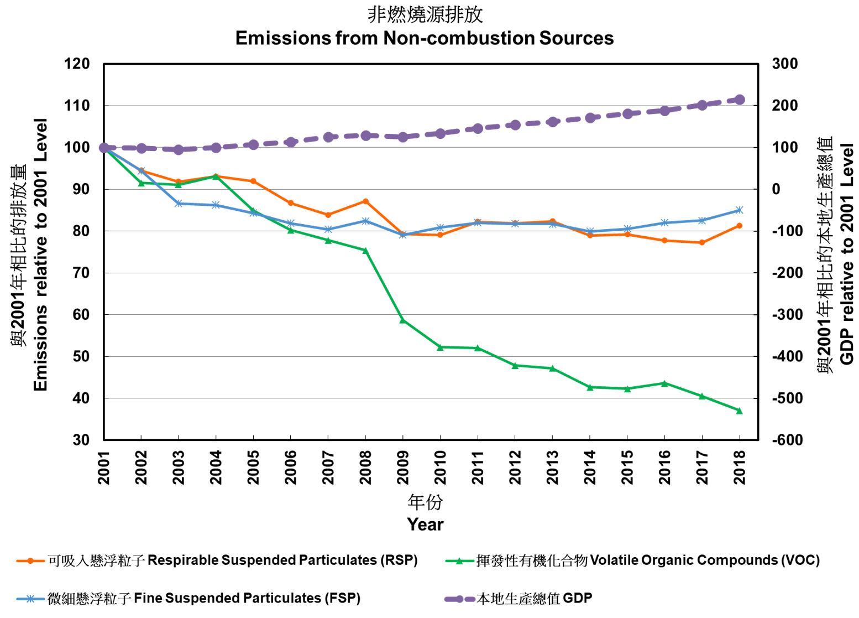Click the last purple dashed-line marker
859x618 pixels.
pyautogui.click(x=739, y=100)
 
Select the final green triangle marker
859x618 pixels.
pyautogui.click(x=739, y=411)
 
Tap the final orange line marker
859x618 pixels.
pyautogui.click(x=739, y=226)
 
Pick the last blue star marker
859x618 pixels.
pyautogui.click(x=739, y=210)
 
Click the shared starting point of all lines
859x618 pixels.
pyautogui.click(x=104, y=148)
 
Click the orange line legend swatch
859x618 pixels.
pyautogui.click(x=30, y=561)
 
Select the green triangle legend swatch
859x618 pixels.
pyautogui.click(x=459, y=561)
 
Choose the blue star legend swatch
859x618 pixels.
pyautogui.click(x=30, y=599)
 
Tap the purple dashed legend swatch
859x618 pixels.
pyautogui.click(x=459, y=599)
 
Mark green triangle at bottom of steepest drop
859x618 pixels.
pyautogui.click(x=402, y=320)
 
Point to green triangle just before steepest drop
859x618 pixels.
pyautogui.click(x=365, y=251)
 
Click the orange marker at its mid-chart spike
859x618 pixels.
pyautogui.click(x=365, y=201)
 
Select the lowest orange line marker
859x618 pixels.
pyautogui.click(x=701, y=242)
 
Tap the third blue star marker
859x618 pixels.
pyautogui.click(x=179, y=204)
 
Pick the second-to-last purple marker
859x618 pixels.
pyautogui.click(x=701, y=105)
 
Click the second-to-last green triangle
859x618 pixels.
pyautogui.click(x=701, y=396)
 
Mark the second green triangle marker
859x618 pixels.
pyautogui.click(x=141, y=183)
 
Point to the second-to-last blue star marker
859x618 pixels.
pyautogui.click(x=701, y=220)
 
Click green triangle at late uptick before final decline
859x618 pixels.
pyautogui.click(x=664, y=383)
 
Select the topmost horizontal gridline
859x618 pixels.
pyautogui.click(x=431, y=105)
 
